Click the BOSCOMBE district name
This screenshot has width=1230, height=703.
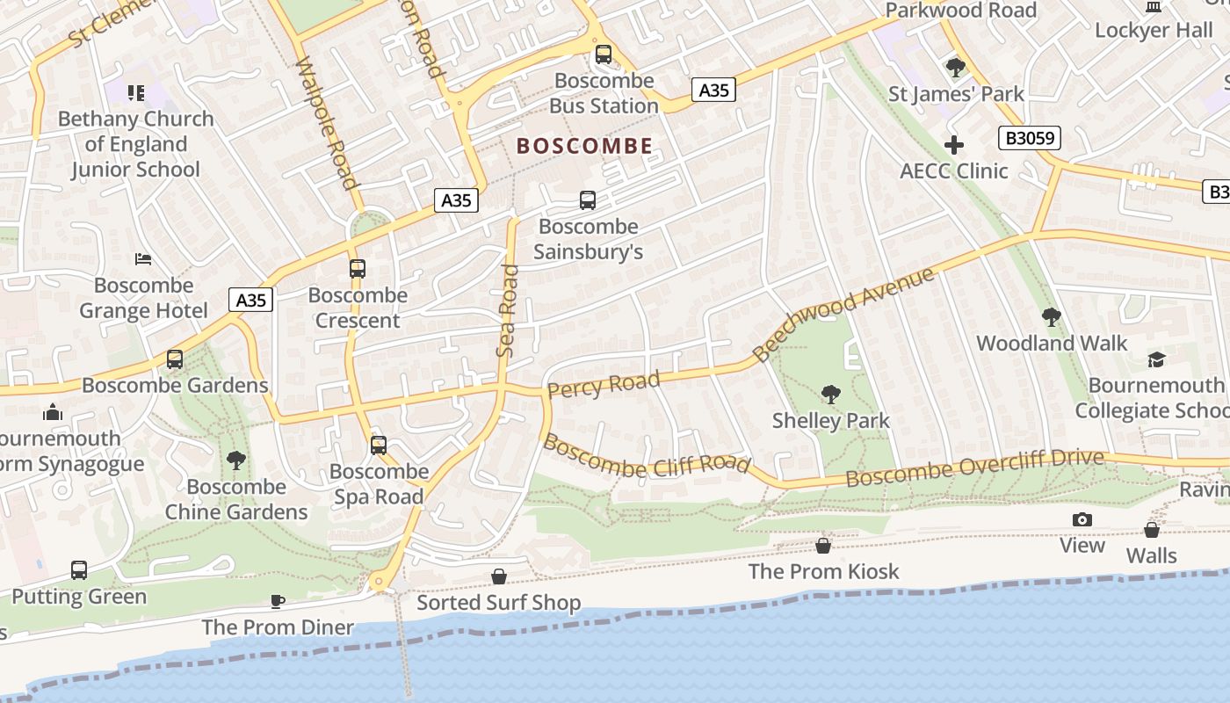[x=584, y=146]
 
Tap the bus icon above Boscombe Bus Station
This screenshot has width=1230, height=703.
[x=603, y=54]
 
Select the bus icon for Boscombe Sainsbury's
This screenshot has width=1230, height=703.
[x=588, y=200]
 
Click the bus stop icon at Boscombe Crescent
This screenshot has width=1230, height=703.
[x=358, y=269]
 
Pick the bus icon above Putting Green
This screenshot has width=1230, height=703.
[x=79, y=570]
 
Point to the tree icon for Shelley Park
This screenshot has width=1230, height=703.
[x=830, y=395]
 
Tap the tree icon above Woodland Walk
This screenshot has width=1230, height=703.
[x=1051, y=317]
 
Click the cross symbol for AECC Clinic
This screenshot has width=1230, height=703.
[x=954, y=145]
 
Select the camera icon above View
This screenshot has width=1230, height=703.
[x=1082, y=519]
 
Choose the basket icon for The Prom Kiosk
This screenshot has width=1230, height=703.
[x=823, y=546]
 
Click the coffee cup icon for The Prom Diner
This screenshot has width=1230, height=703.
[x=278, y=602]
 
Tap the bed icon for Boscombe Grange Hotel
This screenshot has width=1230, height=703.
[x=143, y=259]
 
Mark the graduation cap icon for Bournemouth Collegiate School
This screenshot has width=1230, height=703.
[x=1156, y=359]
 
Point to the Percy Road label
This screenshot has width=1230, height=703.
[x=603, y=384]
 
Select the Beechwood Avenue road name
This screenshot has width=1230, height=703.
[x=843, y=315]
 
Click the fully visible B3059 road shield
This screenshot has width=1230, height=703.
[x=1030, y=138]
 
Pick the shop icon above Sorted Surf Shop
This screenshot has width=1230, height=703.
[x=499, y=576]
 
